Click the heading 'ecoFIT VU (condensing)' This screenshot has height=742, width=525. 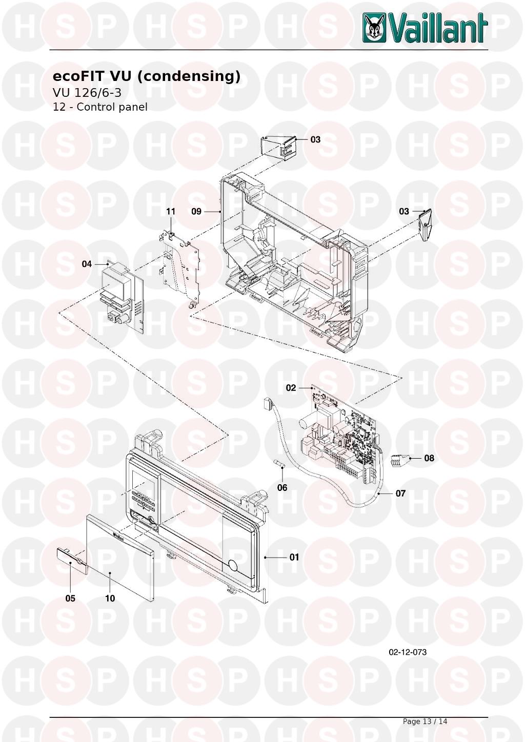[147, 76]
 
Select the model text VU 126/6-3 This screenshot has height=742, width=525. [87, 93]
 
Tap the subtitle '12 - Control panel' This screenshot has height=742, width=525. [100, 107]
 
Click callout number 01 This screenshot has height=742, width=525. [294, 557]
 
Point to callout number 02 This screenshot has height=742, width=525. [291, 388]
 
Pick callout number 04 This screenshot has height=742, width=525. [87, 264]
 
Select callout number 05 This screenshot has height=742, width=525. [70, 598]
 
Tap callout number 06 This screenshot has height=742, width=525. [282, 488]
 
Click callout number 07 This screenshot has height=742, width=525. [400, 493]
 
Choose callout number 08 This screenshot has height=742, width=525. [429, 458]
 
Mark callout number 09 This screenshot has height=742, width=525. [196, 211]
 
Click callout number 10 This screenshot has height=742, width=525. [110, 598]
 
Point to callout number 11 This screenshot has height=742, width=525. [170, 211]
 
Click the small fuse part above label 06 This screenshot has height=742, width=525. [280, 463]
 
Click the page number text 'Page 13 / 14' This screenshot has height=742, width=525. [425, 722]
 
